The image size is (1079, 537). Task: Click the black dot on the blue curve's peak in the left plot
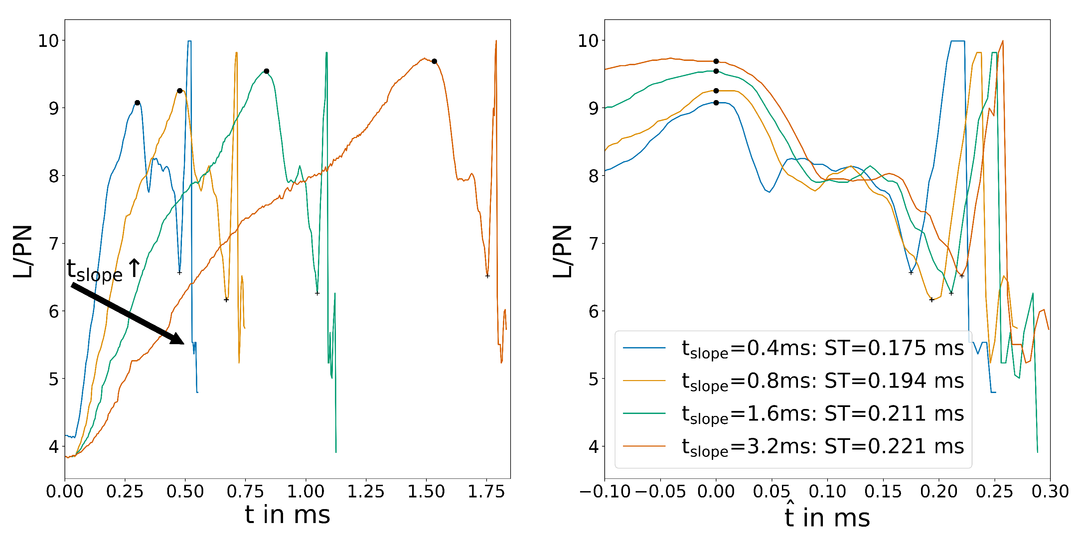[137, 103]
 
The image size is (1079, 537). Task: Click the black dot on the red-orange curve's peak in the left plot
[434, 61]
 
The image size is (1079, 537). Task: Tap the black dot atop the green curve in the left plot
[266, 71]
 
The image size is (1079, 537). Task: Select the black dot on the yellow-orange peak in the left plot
[180, 90]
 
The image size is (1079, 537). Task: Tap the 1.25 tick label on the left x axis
[366, 491]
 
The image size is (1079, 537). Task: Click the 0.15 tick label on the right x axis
[883, 491]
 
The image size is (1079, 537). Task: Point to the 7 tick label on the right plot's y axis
[593, 244]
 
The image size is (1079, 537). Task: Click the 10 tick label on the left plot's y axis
[49, 41]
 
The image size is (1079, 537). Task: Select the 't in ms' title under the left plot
[287, 514]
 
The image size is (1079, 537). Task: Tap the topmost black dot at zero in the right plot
[716, 61]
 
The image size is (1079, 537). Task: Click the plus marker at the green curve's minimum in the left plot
[317, 293]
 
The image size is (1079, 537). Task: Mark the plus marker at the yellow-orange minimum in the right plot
[932, 300]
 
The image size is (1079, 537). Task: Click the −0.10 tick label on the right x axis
[605, 491]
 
